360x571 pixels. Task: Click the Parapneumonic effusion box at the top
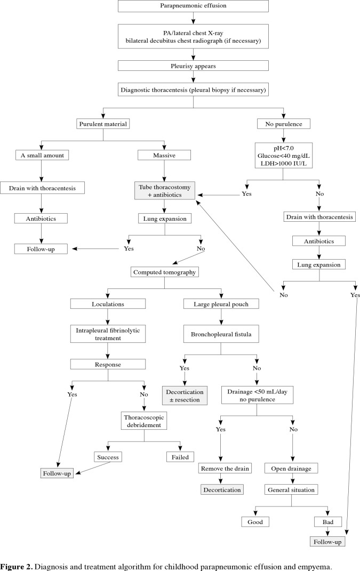(193, 6)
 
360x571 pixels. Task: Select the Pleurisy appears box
(193, 66)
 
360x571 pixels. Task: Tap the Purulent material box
(103, 124)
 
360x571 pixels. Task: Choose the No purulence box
(284, 124)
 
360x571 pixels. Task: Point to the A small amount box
(42, 155)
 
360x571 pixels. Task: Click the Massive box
(164, 155)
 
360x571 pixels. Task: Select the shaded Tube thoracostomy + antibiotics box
(165, 191)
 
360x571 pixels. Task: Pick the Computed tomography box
(164, 272)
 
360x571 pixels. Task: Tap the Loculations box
(108, 304)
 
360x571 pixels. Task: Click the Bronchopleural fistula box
(221, 334)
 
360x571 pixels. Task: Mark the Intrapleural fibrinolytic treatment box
(108, 334)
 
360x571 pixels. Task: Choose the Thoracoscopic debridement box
(144, 421)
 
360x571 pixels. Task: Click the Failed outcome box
(180, 457)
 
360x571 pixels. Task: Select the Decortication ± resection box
(185, 396)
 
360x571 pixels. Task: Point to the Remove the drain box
(225, 468)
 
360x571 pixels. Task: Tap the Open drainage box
(291, 468)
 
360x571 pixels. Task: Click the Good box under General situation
(255, 522)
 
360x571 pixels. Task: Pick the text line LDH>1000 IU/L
(284, 164)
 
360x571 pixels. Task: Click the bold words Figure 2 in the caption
(17, 567)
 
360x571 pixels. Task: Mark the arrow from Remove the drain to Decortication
(220, 479)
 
